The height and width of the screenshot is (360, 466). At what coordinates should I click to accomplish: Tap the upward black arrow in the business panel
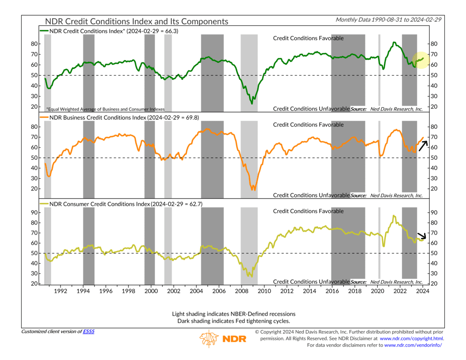[x=423, y=144]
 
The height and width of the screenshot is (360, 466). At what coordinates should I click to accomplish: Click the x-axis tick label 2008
[x=241, y=291]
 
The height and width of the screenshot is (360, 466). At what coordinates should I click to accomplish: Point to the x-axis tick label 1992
[x=60, y=291]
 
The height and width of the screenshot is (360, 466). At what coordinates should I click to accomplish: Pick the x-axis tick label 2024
[x=422, y=291]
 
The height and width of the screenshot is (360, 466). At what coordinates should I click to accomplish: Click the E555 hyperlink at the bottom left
[x=89, y=331]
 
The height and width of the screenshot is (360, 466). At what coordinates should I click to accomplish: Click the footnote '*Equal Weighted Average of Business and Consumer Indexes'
[x=105, y=109]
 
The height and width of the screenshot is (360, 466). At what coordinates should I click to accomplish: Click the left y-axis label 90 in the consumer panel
[x=34, y=212]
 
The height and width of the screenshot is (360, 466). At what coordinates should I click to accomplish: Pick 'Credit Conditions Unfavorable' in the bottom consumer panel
[x=311, y=281]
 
